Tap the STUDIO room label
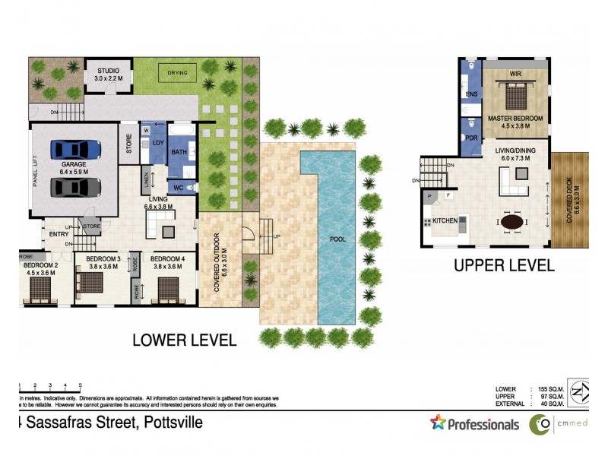pyautogui.click(x=107, y=70)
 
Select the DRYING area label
pyautogui.click(x=177, y=72)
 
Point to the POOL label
pyautogui.click(x=338, y=239)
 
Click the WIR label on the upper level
pyautogui.click(x=515, y=74)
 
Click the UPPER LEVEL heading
pyautogui.click(x=504, y=266)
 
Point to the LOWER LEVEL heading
pyautogui.click(x=184, y=339)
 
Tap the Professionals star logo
pyautogui.click(x=438, y=423)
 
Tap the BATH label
pyautogui.click(x=179, y=153)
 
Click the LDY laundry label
pyautogui.click(x=158, y=143)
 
